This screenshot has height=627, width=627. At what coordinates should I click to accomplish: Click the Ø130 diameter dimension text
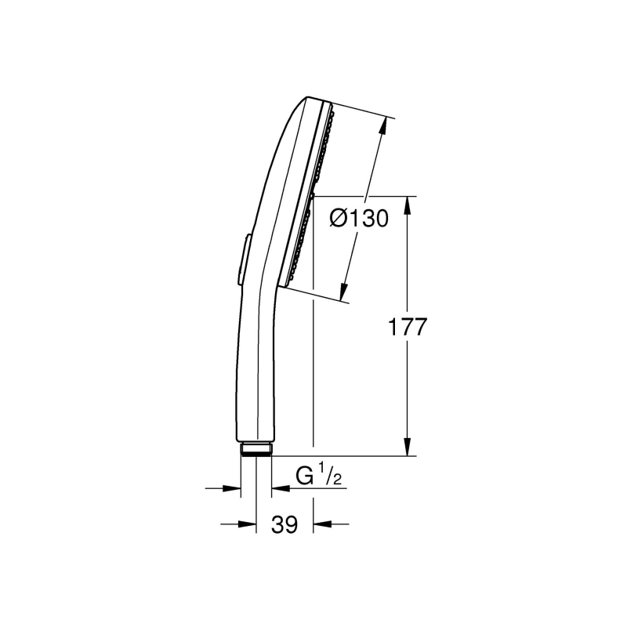point(359,219)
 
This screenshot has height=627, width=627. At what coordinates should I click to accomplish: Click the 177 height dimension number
point(408,327)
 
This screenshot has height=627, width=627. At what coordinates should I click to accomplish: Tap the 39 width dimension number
point(285,524)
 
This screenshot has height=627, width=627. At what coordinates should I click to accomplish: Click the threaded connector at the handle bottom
point(256,448)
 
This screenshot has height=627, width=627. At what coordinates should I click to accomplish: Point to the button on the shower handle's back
point(244,259)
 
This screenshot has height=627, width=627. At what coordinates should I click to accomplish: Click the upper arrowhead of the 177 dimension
point(407,205)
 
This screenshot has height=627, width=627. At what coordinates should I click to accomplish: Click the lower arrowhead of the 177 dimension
point(407,447)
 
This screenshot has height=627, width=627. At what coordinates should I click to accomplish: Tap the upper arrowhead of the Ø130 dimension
point(382,125)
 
